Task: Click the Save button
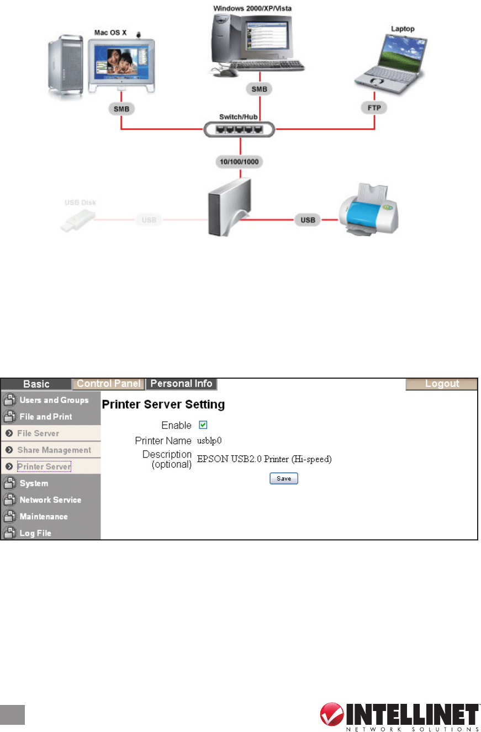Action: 284,479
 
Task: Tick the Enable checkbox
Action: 203,425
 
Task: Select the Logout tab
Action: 442,384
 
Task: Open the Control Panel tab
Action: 109,384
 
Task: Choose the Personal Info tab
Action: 182,384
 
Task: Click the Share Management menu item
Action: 54,450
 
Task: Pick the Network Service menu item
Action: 50,500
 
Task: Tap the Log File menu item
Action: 35,533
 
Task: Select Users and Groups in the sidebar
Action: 54,400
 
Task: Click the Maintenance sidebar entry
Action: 44,516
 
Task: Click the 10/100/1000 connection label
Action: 241,163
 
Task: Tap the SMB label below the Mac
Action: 121,109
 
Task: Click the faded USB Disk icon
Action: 78,220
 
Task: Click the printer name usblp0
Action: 209,441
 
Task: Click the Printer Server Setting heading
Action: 163,405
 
